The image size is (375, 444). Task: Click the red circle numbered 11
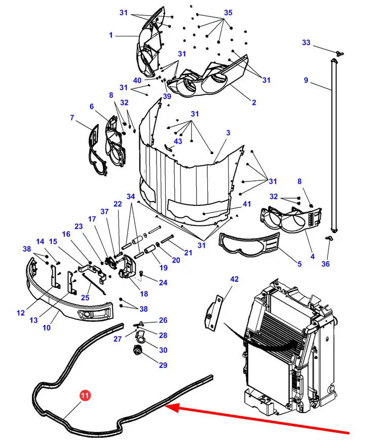pyautogui.click(x=85, y=395)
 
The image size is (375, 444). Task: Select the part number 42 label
pyautogui.click(x=234, y=279)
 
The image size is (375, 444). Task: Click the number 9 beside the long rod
pyautogui.click(x=306, y=80)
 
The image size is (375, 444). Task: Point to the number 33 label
pyautogui.click(x=306, y=43)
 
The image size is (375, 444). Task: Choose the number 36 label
pyautogui.click(x=325, y=264)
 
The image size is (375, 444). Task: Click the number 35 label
pyautogui.click(x=228, y=13)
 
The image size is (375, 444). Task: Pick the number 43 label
pyautogui.click(x=178, y=141)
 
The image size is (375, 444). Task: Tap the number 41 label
pyautogui.click(x=247, y=204)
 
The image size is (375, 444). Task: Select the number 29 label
pyautogui.click(x=163, y=365)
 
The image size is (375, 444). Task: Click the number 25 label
pyautogui.click(x=85, y=298)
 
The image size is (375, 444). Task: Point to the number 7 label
pyautogui.click(x=72, y=117)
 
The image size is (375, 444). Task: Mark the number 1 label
pyautogui.click(x=111, y=35)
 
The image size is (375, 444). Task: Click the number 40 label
pyautogui.click(x=137, y=81)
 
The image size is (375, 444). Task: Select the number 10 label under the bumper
pyautogui.click(x=47, y=327)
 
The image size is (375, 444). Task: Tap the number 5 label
pyautogui.click(x=299, y=264)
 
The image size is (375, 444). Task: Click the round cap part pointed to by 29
pyautogui.click(x=137, y=351)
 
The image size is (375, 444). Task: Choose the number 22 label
pyautogui.click(x=118, y=204)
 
